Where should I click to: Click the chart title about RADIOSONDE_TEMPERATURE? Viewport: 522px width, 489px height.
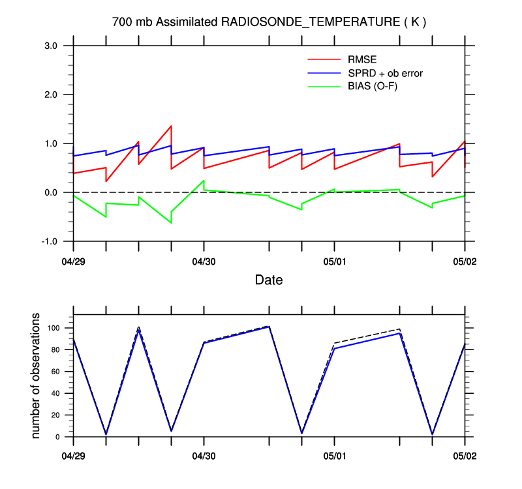click(269, 22)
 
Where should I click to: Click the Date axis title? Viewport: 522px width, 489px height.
click(269, 280)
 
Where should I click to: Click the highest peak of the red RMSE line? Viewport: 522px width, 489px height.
click(171, 126)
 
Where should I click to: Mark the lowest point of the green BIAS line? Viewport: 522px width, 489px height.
click(171, 223)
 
